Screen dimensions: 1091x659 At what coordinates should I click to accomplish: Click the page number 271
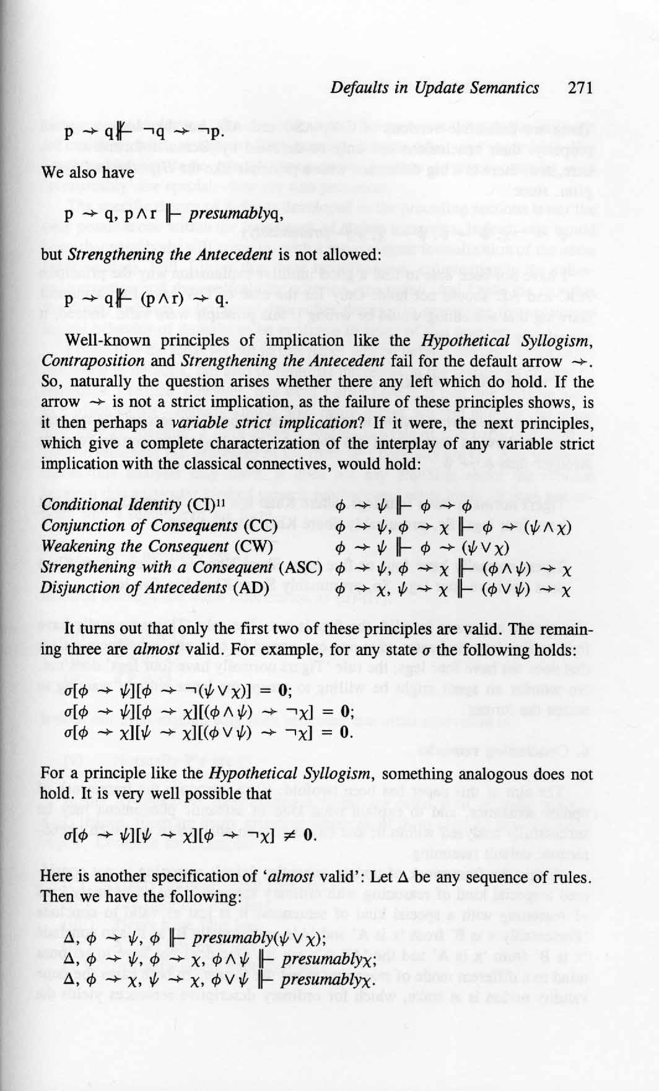coord(580,88)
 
